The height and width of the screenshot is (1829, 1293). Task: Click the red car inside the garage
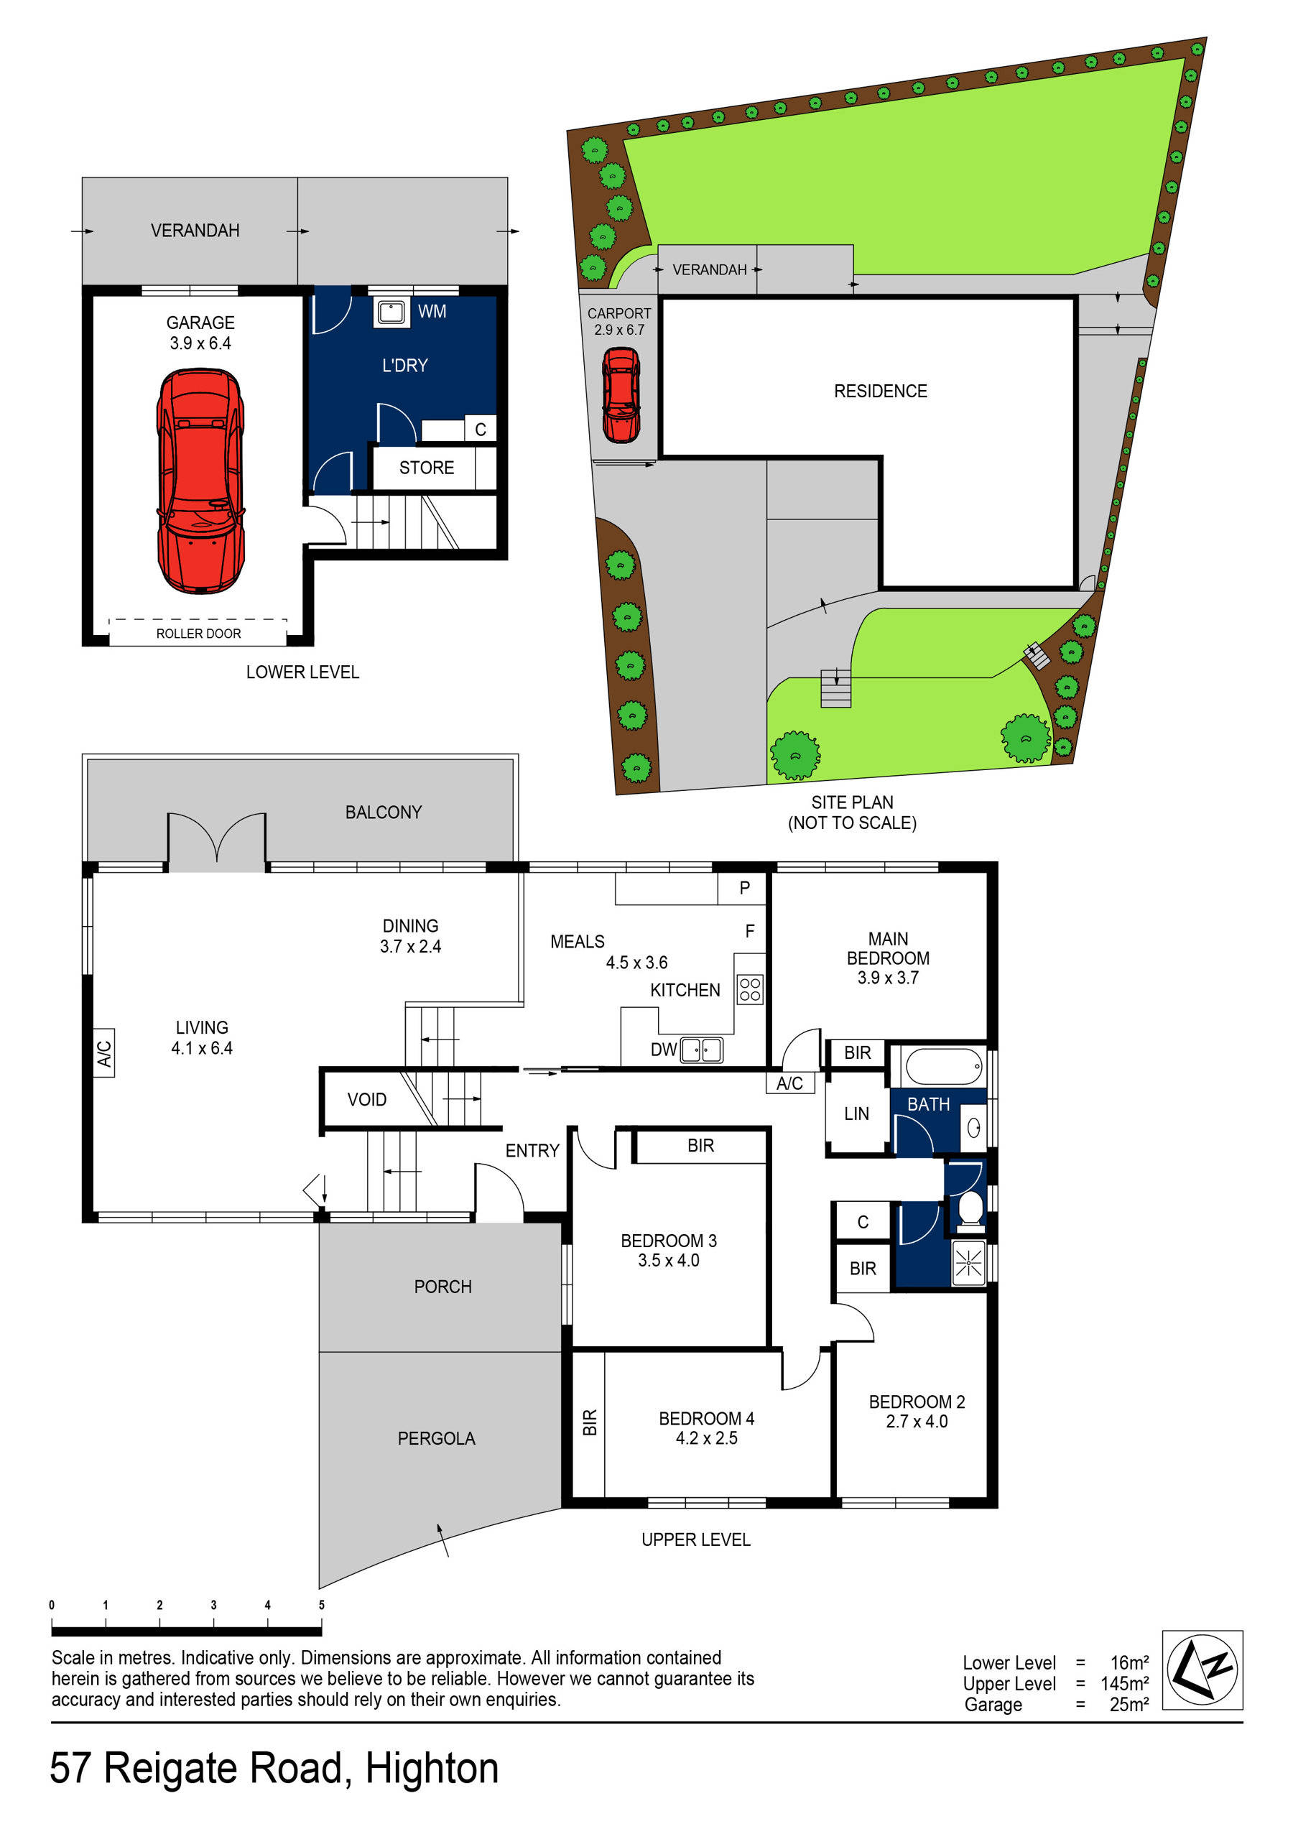click(x=200, y=481)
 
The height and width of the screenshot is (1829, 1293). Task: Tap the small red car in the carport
click(x=621, y=394)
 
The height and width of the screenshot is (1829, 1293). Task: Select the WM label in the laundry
click(x=432, y=312)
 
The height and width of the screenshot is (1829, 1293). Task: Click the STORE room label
click(x=426, y=468)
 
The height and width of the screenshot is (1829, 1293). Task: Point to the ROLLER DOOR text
click(x=198, y=634)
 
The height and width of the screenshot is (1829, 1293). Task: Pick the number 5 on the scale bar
click(x=322, y=1604)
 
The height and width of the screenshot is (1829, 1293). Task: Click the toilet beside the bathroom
click(x=970, y=1208)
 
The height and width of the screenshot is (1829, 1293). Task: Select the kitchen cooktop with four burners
click(x=750, y=988)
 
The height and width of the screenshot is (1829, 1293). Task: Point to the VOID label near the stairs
click(x=366, y=1099)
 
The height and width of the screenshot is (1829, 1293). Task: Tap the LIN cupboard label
click(x=856, y=1113)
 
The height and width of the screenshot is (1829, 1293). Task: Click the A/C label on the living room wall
click(x=104, y=1053)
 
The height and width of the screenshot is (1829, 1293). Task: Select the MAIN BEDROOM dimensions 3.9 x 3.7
click(x=887, y=978)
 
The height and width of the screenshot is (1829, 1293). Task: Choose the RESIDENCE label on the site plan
click(x=881, y=391)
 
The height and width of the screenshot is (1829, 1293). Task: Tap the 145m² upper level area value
click(x=1124, y=1683)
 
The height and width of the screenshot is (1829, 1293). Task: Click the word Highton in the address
click(x=432, y=1768)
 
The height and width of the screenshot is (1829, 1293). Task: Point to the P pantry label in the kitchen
click(x=744, y=887)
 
